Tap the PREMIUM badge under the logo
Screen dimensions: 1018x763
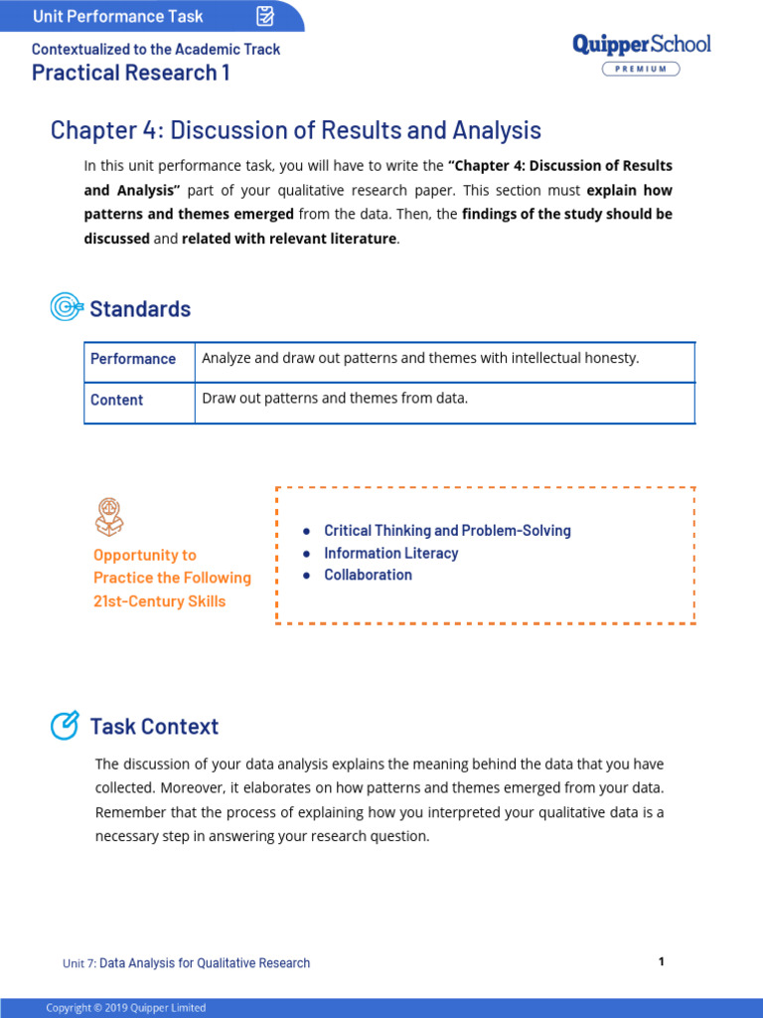641,69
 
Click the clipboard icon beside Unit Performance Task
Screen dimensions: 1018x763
265,16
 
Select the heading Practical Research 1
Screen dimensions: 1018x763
130,73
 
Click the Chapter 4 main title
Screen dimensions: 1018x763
296,130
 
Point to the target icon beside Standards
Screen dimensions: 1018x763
66,308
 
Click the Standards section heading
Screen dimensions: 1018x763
140,309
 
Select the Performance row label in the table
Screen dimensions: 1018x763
133,359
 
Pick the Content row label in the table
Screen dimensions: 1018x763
117,400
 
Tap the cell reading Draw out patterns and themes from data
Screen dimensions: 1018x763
334,399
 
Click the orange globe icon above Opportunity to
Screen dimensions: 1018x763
109,517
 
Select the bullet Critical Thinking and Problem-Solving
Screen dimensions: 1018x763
447,531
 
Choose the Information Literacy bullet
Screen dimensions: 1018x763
390,553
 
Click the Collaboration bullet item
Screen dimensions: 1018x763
368,575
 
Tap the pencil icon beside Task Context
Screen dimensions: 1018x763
65,726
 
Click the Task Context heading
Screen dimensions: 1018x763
154,727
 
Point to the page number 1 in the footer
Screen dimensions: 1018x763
661,961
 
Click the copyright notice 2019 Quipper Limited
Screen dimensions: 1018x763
126,1008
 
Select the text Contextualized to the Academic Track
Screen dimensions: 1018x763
156,49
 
